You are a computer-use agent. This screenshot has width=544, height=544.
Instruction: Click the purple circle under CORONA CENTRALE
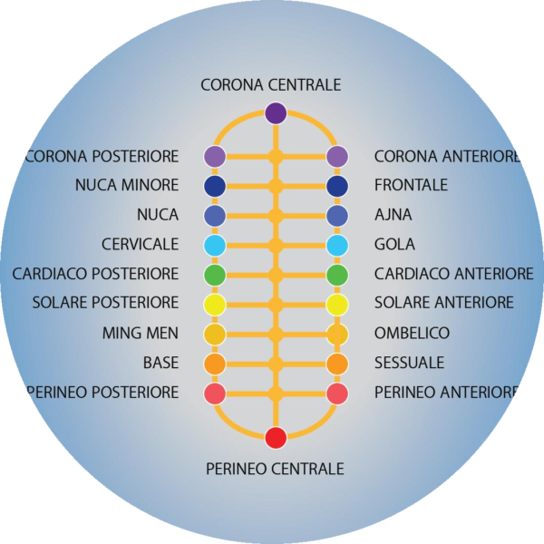(276, 113)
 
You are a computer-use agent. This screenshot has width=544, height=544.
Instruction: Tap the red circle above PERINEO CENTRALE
(276, 438)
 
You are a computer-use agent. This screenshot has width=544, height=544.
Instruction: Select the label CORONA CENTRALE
(271, 85)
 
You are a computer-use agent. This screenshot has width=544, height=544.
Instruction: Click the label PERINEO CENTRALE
(275, 469)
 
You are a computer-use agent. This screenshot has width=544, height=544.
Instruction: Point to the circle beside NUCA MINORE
(215, 186)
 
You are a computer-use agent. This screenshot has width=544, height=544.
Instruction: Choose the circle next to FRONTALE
(337, 186)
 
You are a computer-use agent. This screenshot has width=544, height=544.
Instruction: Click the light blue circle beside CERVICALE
(215, 245)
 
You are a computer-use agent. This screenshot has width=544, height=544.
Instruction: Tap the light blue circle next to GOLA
(337, 245)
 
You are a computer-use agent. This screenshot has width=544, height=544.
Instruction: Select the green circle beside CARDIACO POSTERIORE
(215, 274)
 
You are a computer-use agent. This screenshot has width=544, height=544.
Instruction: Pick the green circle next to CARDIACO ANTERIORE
(337, 274)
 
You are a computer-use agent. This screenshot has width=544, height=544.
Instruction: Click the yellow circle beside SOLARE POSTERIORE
(215, 304)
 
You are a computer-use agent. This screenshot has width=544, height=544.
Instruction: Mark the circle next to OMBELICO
(337, 334)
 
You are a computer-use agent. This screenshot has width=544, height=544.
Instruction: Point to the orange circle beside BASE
(215, 364)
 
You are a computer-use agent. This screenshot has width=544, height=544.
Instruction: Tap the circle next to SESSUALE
(337, 364)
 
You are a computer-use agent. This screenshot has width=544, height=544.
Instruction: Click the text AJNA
(393, 215)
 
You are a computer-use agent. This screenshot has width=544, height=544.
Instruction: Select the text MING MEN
(141, 334)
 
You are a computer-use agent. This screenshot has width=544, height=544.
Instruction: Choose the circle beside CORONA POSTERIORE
(215, 156)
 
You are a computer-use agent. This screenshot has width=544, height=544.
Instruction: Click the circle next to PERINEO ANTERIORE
(337, 393)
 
